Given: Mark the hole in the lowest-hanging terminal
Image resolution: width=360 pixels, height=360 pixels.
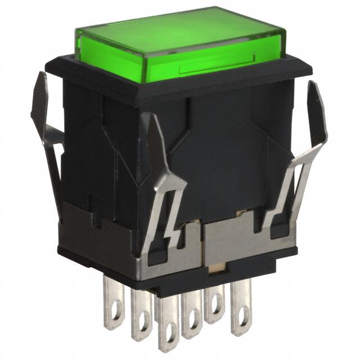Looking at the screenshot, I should (x=168, y=337).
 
